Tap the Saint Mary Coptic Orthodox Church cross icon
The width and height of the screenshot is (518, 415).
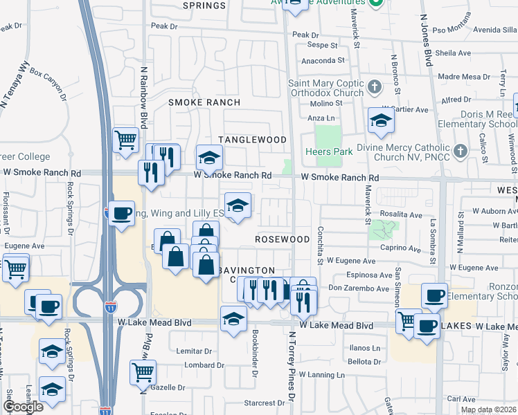tap(375, 87)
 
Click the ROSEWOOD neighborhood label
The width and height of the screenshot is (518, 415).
tap(282, 239)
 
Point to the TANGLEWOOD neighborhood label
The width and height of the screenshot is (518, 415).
tap(252, 140)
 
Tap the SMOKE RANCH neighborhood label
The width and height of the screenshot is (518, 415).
tap(204, 102)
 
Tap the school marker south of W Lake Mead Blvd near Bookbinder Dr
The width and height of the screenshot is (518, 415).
tap(233, 319)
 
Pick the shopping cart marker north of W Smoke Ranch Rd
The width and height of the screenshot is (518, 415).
tap(125, 140)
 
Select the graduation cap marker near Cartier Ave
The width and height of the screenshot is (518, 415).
tap(380, 121)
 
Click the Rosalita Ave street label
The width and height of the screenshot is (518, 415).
tap(402, 215)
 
